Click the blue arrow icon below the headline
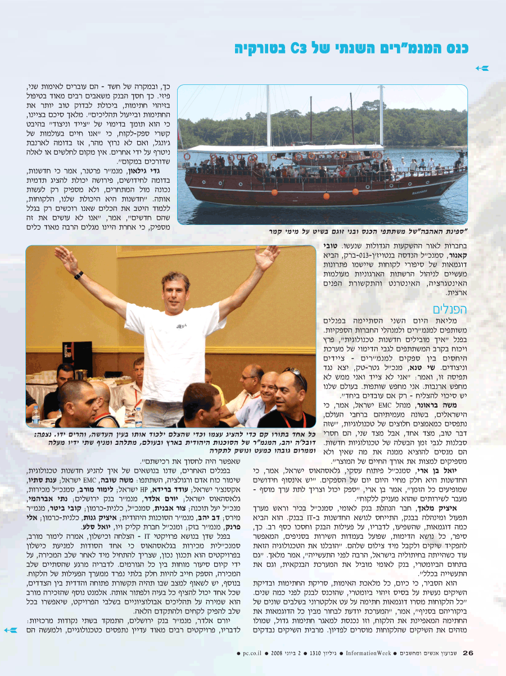coord(482,68)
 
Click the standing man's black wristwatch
coord(79,275)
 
